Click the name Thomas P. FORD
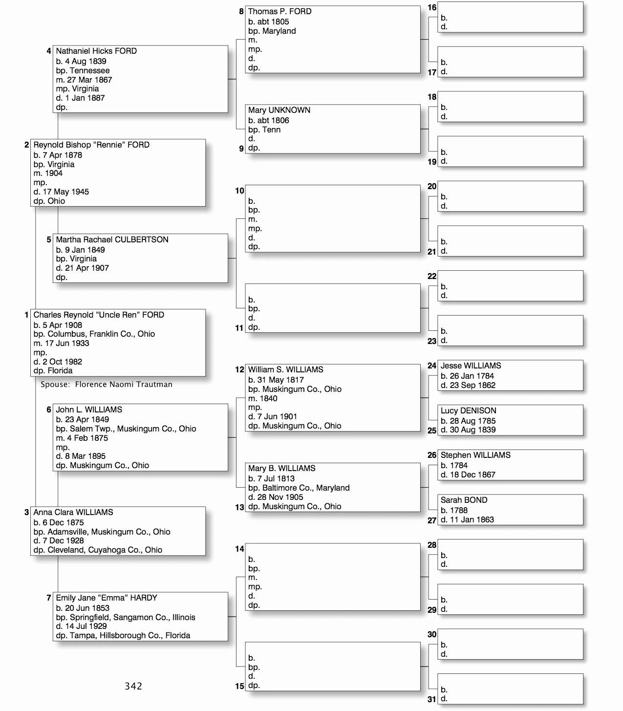coord(279,11)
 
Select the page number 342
coord(133,686)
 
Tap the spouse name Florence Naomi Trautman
coord(124,384)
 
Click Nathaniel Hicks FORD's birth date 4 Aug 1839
coord(86,61)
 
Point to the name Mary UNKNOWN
coord(279,110)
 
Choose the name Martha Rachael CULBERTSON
coord(112,239)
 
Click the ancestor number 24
coord(432,366)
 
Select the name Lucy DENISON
coord(468,410)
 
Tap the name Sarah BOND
coord(464,500)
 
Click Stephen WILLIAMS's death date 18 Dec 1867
coord(473,474)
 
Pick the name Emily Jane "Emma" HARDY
coord(107,598)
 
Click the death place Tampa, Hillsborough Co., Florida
coord(129,635)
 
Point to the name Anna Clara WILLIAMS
coord(73,512)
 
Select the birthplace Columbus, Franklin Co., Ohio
coord(101,334)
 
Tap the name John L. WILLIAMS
coord(89,409)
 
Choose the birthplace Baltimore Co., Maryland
coord(306,488)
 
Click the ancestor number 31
coord(432,699)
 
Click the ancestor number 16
coord(432,7)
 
